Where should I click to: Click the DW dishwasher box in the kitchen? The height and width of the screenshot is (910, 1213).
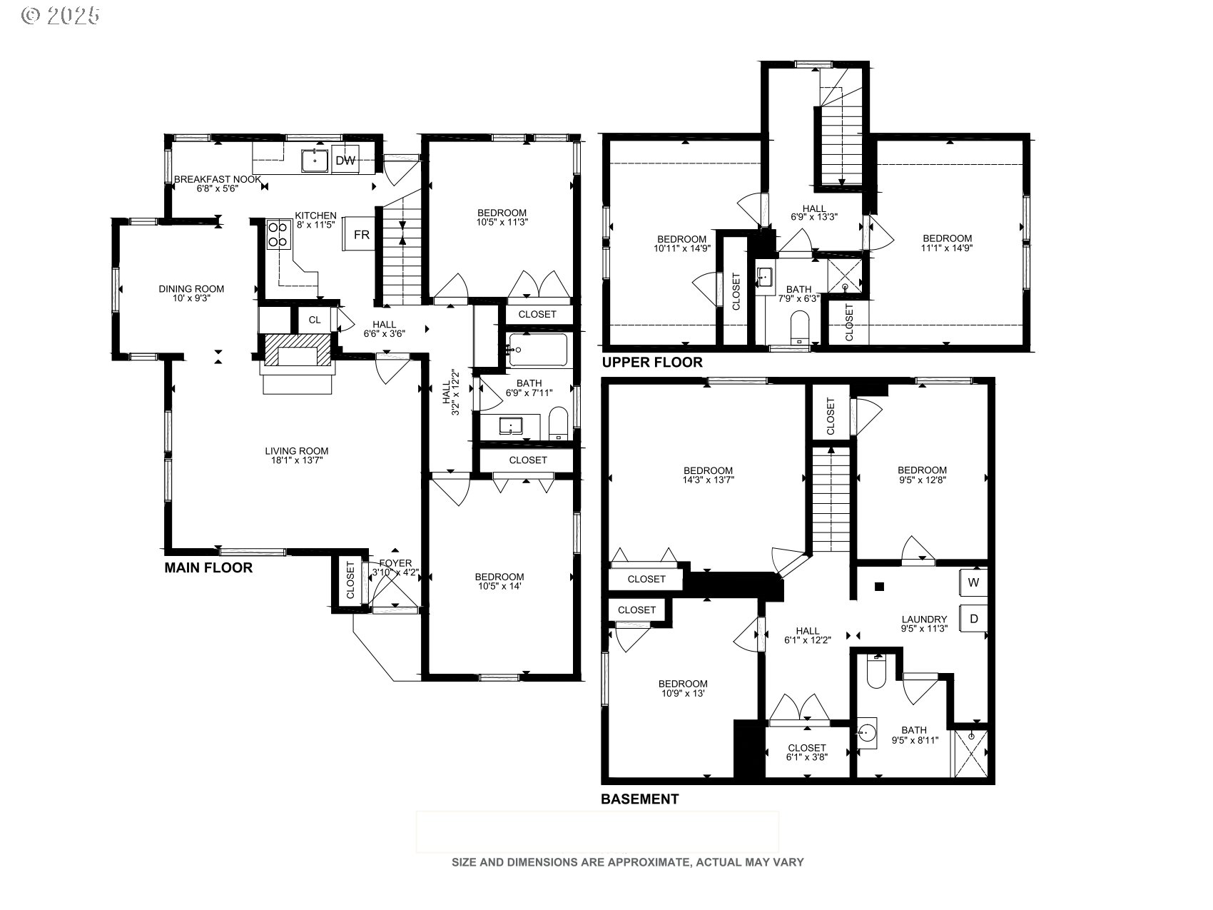[x=346, y=161]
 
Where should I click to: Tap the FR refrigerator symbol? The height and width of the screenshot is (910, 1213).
[x=362, y=235]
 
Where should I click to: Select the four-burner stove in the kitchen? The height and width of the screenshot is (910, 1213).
[x=278, y=235]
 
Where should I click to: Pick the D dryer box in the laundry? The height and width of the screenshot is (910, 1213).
[x=974, y=619]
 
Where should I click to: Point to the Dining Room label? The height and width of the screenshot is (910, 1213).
[x=191, y=289]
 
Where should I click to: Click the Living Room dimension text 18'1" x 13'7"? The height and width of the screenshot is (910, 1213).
[x=297, y=460]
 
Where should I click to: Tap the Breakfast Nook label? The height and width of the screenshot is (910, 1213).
[x=218, y=179]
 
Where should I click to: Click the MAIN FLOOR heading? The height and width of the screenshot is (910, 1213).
[x=208, y=568]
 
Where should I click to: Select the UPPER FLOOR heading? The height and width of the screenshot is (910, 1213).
[x=652, y=363]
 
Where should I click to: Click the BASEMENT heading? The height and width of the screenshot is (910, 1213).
[x=639, y=799]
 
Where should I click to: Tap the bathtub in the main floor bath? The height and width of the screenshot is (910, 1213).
[x=539, y=350]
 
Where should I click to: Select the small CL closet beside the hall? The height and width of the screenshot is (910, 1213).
[x=315, y=320]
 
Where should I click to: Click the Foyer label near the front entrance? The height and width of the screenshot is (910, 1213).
[x=395, y=563]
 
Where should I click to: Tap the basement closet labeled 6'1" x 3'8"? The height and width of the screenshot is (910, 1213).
[x=807, y=752]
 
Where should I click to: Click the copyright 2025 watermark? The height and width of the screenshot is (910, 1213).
[x=61, y=16]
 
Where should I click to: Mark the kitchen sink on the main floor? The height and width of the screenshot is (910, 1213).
[x=315, y=161]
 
